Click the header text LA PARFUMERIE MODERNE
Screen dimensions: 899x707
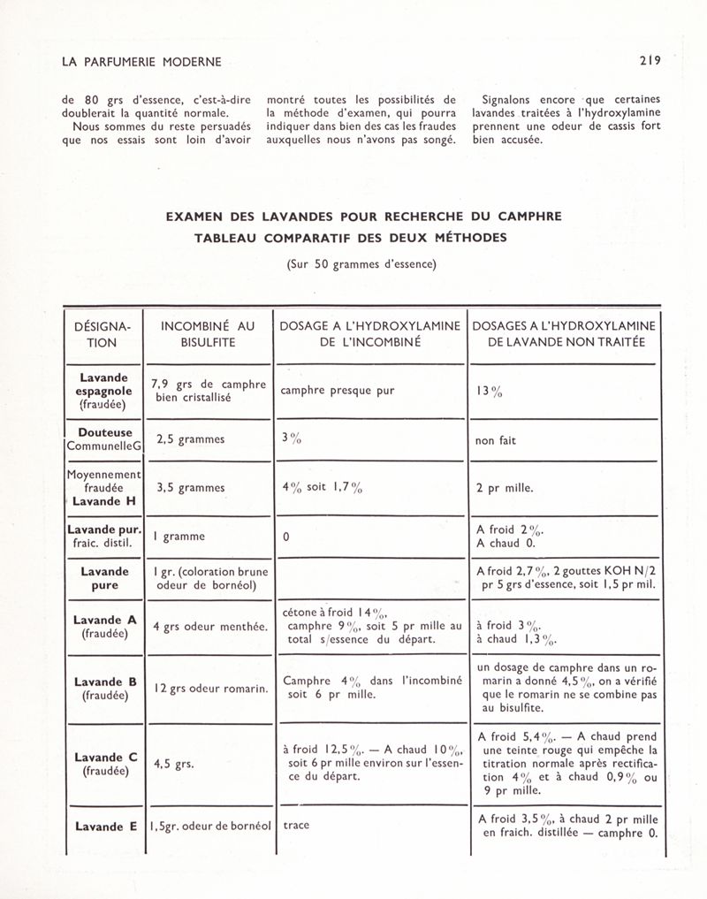point(136,62)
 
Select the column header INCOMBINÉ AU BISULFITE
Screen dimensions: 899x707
point(207,334)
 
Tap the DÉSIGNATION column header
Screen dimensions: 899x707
point(104,334)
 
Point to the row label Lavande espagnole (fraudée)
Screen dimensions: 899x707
point(104,390)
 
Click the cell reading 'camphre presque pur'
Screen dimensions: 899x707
point(335,390)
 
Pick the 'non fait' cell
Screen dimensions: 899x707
point(495,440)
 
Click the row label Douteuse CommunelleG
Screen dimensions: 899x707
point(104,440)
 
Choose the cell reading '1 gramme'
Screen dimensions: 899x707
point(180,537)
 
